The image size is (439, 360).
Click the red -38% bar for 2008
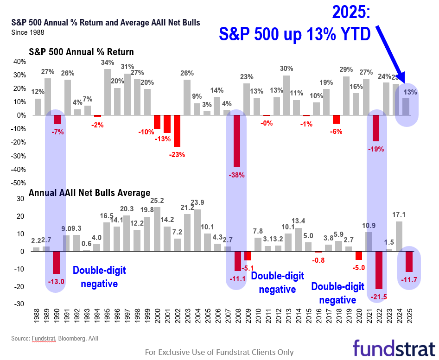point(236,141)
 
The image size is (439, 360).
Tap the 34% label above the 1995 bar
point(108,63)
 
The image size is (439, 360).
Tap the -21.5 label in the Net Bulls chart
point(378,296)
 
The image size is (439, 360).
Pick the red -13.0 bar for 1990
point(57,262)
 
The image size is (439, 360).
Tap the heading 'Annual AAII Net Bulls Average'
point(89,192)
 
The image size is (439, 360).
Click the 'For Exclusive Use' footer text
point(219,352)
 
